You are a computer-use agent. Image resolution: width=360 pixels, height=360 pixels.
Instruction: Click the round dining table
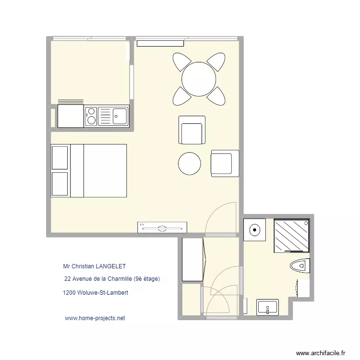point(198,79)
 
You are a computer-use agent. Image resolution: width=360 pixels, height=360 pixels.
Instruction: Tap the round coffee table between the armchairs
point(190,164)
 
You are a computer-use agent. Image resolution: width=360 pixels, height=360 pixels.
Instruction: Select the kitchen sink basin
point(120,115)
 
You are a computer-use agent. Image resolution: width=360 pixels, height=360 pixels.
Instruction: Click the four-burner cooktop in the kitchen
point(91,116)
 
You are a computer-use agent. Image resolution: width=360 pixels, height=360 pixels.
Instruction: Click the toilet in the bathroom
point(300,265)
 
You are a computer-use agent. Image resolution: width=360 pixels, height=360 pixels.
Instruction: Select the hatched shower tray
point(291,235)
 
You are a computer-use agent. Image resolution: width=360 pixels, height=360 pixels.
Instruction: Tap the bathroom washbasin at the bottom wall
point(267,307)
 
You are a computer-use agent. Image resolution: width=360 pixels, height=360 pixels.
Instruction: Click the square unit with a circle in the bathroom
point(254,229)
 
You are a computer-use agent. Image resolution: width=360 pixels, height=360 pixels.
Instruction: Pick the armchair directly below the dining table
point(192,130)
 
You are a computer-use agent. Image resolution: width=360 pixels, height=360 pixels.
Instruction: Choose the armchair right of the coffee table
point(225,163)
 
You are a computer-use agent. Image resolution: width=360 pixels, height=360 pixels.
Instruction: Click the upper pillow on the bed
point(60,157)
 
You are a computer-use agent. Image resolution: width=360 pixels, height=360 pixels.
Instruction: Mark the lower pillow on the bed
point(60,184)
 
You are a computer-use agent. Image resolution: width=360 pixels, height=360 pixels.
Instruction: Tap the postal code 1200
point(69,292)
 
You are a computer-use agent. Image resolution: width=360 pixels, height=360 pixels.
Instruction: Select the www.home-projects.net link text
point(95,318)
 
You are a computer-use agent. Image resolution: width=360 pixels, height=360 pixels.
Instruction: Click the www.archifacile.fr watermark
point(321,353)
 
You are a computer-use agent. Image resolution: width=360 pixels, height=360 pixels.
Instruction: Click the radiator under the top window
point(160,43)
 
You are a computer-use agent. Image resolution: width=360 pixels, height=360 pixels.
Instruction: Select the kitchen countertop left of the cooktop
point(71,116)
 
